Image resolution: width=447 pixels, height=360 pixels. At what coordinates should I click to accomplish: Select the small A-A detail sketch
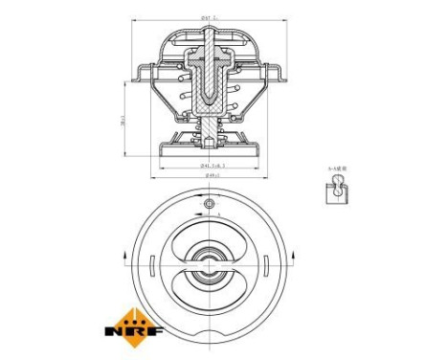tap(337, 191)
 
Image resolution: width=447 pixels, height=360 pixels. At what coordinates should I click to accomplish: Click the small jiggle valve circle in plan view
tap(210, 205)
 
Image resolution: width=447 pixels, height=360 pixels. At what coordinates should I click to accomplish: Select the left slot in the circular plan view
tap(153, 260)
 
